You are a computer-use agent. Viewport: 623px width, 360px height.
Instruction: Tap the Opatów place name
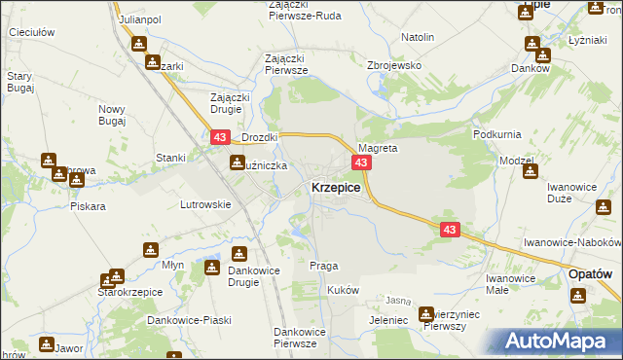tap(590, 276)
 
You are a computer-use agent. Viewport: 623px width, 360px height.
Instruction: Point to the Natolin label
tap(417, 37)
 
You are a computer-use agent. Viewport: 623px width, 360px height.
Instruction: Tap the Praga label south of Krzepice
tap(323, 266)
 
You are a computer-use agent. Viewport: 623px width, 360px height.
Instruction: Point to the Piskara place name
tap(88, 206)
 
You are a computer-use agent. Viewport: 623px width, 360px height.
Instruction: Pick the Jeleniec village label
tap(360, 318)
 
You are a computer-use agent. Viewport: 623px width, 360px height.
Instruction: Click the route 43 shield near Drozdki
tap(218, 139)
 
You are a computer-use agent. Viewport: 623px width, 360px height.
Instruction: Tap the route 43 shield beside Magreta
tap(361, 162)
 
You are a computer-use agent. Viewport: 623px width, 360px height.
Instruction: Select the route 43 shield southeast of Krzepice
tap(449, 230)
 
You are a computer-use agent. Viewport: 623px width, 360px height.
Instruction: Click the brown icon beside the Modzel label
tap(531, 172)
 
